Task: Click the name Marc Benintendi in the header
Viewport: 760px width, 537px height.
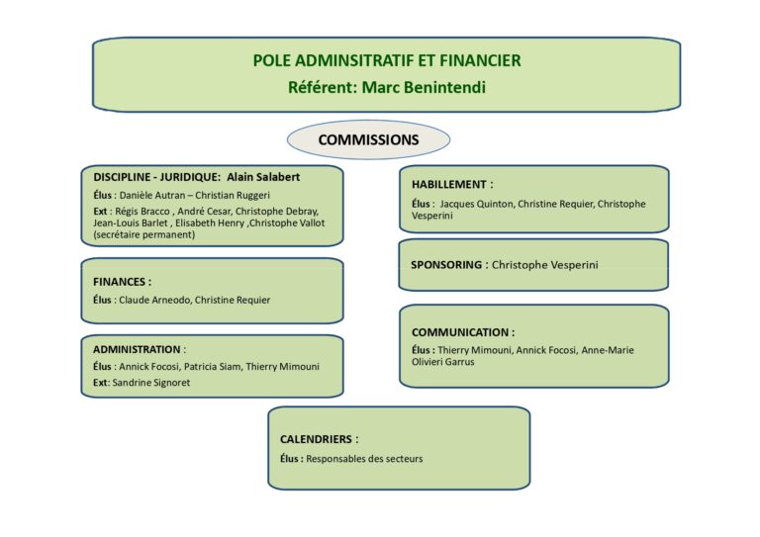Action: click(424, 87)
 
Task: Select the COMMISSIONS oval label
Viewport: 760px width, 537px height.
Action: click(368, 139)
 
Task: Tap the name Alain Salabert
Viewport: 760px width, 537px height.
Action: click(263, 177)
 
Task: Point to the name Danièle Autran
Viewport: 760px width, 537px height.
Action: click(152, 195)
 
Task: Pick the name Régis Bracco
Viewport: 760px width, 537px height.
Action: click(142, 211)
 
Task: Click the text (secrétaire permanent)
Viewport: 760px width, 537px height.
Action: click(144, 234)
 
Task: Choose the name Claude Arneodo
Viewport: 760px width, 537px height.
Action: click(154, 301)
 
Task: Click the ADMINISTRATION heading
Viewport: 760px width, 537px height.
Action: click(137, 350)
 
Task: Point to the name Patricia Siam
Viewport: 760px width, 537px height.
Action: click(212, 367)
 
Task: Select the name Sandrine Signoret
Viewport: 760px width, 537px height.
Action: click(151, 383)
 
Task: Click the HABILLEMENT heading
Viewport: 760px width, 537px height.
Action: click(449, 185)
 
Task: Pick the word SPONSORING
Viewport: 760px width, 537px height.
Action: click(446, 265)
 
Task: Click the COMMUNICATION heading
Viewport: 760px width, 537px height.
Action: click(460, 332)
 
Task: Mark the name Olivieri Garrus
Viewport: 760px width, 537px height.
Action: click(443, 362)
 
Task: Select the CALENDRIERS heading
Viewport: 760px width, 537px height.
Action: click(316, 439)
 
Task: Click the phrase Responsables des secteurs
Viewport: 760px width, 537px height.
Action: click(364, 459)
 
